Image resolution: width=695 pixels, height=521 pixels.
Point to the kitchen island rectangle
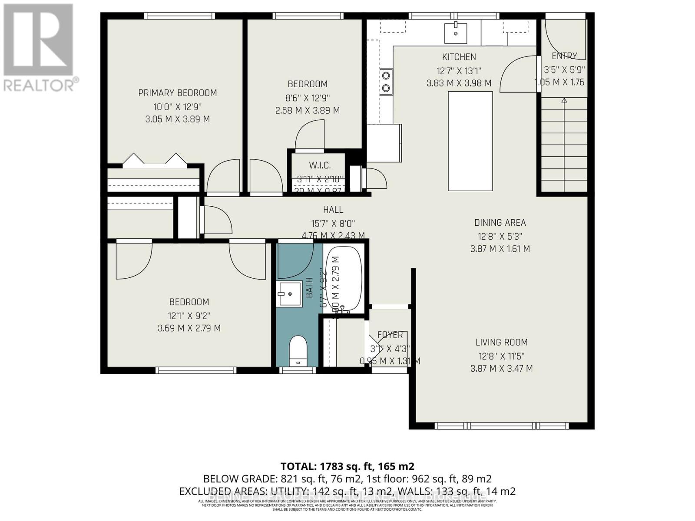point(470,141)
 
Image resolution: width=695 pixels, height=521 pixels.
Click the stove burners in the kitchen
point(386,82)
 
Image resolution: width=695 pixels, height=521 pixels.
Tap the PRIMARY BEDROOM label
point(177,92)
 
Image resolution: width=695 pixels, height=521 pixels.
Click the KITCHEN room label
point(459,57)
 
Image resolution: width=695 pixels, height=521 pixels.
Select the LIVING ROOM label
point(501,343)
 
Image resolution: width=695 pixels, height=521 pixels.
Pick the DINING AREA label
point(500,223)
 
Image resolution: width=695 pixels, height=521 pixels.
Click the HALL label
point(333,210)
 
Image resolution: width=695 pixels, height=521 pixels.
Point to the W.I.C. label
point(320,165)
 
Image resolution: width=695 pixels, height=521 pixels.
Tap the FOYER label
point(390,335)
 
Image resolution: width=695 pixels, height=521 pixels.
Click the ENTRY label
point(564,56)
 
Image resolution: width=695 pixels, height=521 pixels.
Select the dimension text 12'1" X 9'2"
point(189,315)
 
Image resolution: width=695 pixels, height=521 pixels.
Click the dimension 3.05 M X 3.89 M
point(177,119)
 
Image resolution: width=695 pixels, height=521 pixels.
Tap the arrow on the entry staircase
point(564,101)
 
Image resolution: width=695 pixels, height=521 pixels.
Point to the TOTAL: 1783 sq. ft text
point(347,466)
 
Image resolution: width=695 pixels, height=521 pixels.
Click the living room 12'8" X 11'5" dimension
point(501,356)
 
